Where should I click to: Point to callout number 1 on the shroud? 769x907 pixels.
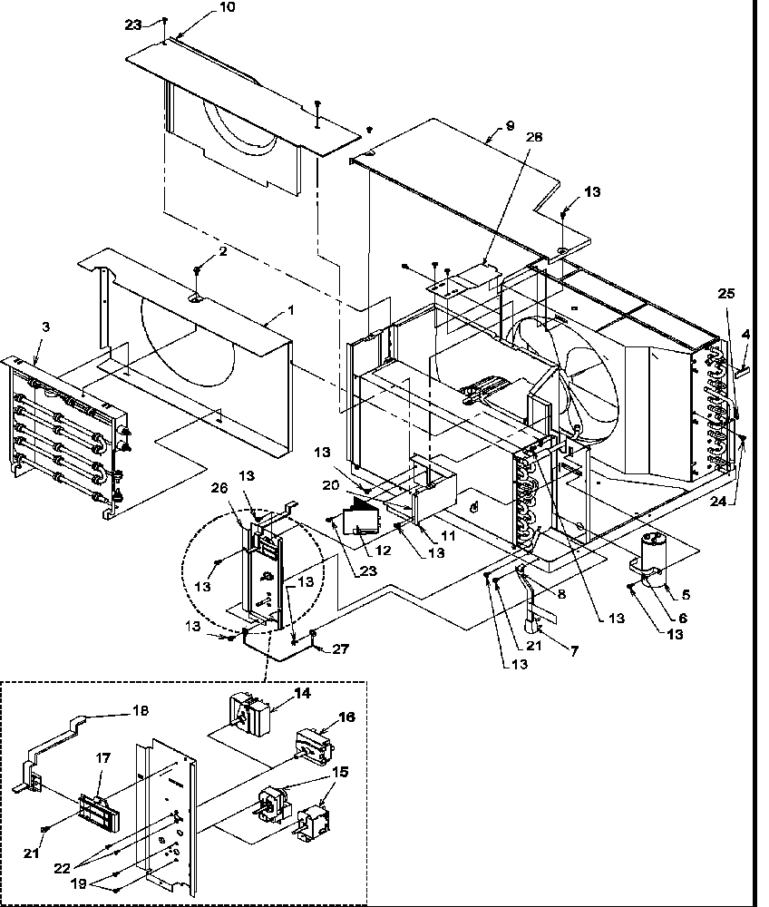pos(291,310)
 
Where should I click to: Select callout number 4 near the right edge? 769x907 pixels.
pos(745,335)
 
